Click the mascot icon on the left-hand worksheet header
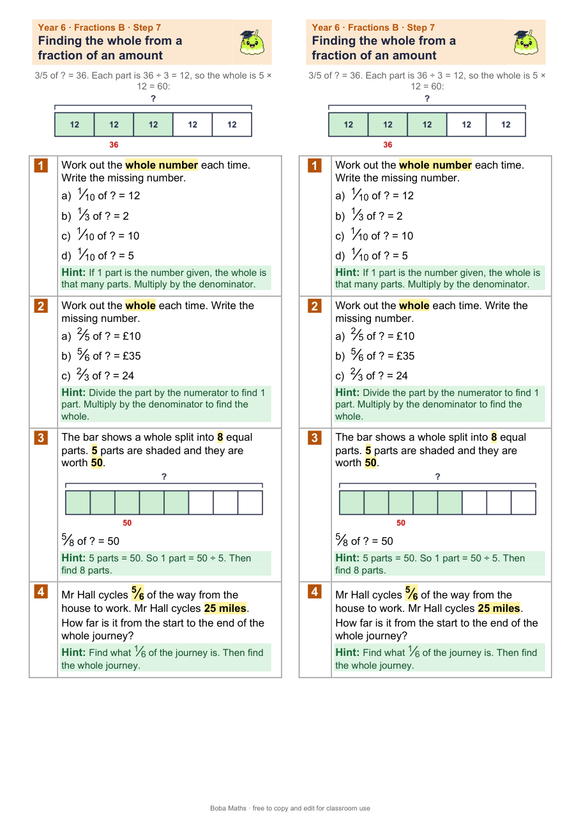[x=252, y=42]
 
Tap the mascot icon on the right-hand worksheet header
[x=525, y=42]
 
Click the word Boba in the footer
[x=218, y=808]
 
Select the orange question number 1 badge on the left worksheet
[x=41, y=165]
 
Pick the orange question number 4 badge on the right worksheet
[x=314, y=591]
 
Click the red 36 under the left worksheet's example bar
[x=114, y=145]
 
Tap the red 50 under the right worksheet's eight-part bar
[x=401, y=523]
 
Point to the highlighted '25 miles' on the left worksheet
[x=225, y=608]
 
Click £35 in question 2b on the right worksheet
[x=405, y=356]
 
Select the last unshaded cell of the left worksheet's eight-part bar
[x=250, y=503]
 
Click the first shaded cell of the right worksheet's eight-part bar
[x=352, y=503]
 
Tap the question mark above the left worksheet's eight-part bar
[x=164, y=476]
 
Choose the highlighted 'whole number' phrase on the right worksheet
[x=435, y=165]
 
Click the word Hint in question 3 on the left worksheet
[x=73, y=558]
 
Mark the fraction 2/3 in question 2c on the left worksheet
[x=82, y=375]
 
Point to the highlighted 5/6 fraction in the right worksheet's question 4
[x=412, y=593]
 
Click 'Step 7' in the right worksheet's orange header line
[x=421, y=27]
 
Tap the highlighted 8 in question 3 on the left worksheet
[x=220, y=437]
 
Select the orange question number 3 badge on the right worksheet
[x=314, y=438]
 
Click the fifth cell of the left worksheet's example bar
[x=232, y=125]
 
